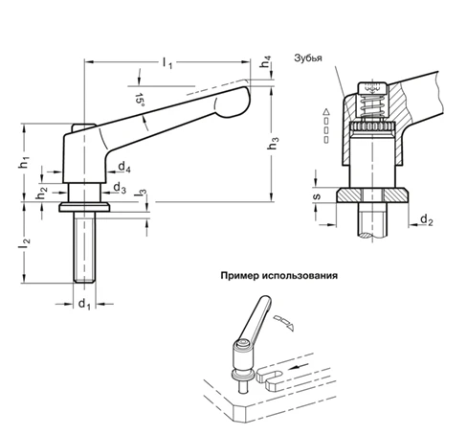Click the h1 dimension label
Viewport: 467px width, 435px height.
[23, 164]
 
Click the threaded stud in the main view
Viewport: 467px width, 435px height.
[84, 247]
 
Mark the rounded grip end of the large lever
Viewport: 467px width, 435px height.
[233, 99]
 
